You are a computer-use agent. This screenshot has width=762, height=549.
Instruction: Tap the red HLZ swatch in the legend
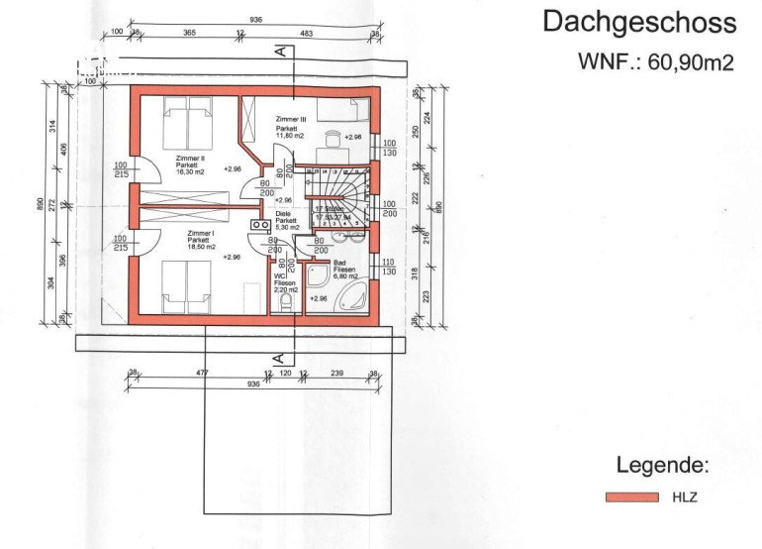tap(632, 497)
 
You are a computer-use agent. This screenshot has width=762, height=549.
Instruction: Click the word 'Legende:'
tap(662, 465)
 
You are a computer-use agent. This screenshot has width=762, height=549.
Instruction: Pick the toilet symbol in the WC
tap(286, 301)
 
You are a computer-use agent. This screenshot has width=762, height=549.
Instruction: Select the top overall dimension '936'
tap(255, 19)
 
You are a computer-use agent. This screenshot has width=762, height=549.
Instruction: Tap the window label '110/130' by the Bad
tap(389, 266)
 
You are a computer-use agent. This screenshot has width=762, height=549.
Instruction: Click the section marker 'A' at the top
tap(281, 50)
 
